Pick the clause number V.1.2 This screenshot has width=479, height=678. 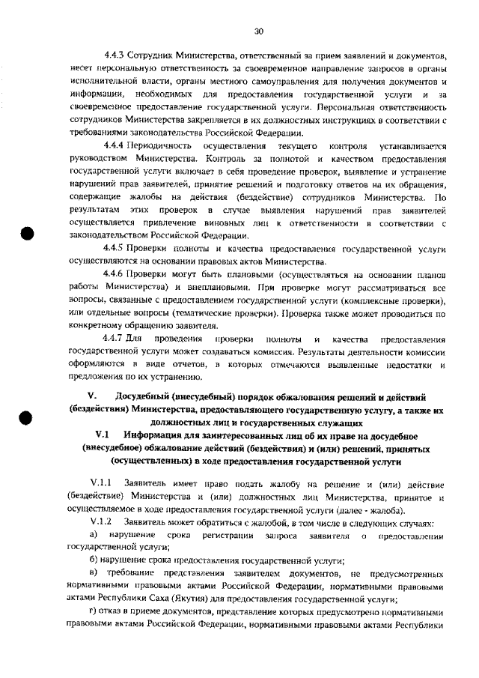pyautogui.click(x=100, y=521)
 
